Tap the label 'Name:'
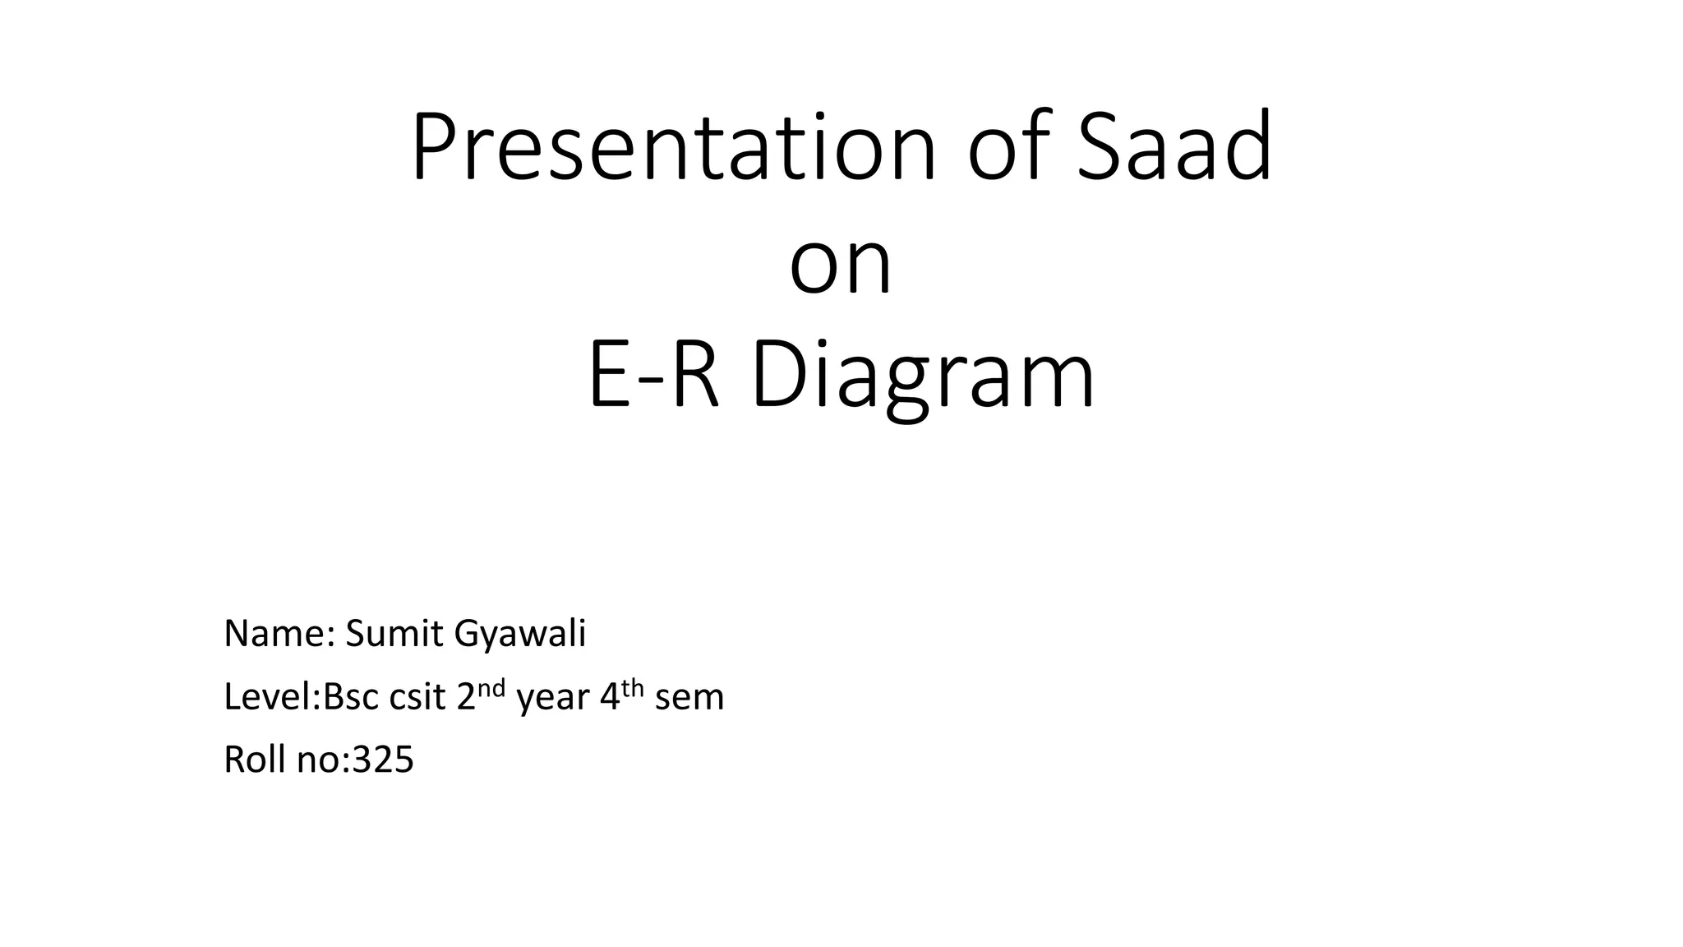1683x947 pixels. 279,634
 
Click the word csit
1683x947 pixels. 418,697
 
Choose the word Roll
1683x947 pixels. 254,760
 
